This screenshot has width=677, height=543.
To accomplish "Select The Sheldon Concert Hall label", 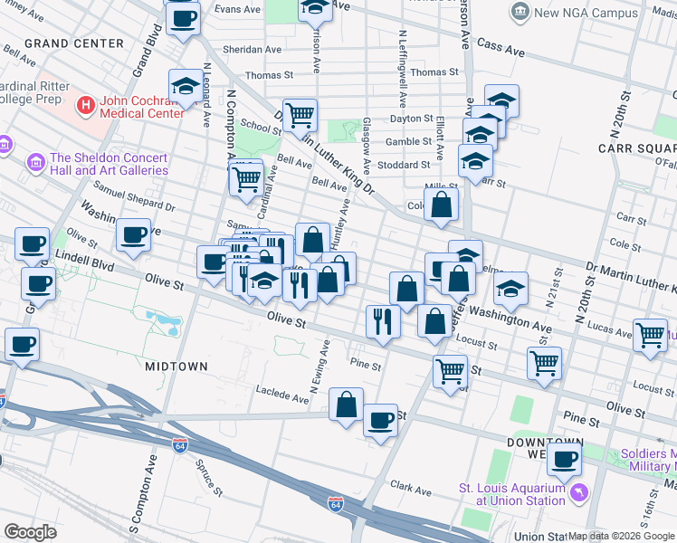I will (x=109, y=164).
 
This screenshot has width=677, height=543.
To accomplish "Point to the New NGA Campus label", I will (x=586, y=13).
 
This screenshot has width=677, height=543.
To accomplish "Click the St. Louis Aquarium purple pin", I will (x=577, y=494).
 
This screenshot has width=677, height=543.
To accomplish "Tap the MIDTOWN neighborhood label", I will (x=176, y=367).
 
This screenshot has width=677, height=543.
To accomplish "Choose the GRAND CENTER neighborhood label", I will (x=74, y=43).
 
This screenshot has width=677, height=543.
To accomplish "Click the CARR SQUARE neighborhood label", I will (x=637, y=148).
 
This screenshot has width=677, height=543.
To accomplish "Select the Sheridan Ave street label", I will (x=253, y=50).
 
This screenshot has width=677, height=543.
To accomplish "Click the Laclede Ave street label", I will (x=283, y=396).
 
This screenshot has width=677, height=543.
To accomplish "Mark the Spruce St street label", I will (x=208, y=479).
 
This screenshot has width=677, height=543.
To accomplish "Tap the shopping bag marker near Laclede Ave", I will (x=347, y=405).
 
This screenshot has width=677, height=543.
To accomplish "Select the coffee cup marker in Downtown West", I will (x=564, y=459).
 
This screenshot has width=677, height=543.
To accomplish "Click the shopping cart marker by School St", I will (x=300, y=115).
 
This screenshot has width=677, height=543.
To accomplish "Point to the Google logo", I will (x=31, y=532).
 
